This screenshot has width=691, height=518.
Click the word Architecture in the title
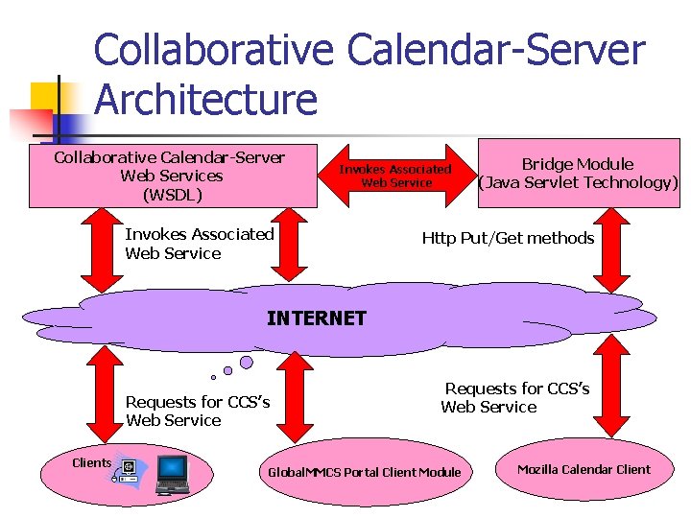[x=205, y=99]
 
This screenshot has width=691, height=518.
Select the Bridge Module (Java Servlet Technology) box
[x=578, y=174]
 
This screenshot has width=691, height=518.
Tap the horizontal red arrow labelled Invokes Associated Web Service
[x=395, y=176]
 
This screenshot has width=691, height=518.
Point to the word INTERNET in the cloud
[x=316, y=318]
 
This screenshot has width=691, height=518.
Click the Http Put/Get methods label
[x=508, y=238]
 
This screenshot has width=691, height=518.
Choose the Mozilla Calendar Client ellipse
[x=584, y=470]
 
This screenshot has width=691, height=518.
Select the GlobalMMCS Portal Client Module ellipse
[x=364, y=472]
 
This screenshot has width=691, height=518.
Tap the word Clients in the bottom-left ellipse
[x=92, y=462]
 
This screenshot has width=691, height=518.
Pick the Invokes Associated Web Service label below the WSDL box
[x=199, y=244]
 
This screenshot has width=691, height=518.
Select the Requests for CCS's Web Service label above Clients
[x=198, y=412]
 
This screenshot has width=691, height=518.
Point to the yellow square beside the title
[x=48, y=100]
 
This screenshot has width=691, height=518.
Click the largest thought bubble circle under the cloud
[x=247, y=362]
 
